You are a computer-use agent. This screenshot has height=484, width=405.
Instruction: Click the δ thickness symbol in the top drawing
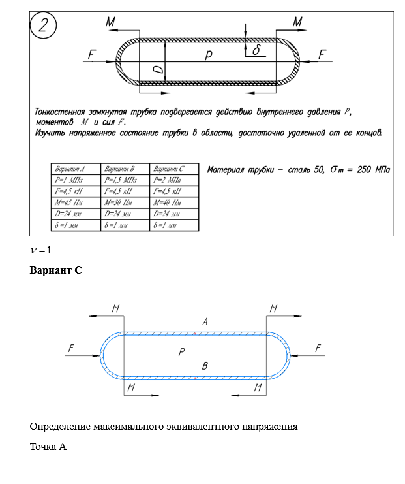[x=256, y=50]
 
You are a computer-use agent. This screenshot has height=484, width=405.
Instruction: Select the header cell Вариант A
[x=75, y=168]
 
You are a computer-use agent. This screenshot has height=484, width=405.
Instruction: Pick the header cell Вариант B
[x=125, y=168]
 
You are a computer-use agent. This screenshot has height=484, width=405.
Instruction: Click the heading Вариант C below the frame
[x=56, y=270]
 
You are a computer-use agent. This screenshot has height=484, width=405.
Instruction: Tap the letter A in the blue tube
[x=205, y=321]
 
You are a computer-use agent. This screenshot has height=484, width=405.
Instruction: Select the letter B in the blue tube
[x=205, y=366]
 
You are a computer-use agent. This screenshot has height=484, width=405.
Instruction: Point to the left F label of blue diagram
[x=70, y=349]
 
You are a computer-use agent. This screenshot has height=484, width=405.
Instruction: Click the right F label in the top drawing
[x=322, y=56]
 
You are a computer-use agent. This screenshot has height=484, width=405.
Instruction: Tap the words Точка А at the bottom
[x=48, y=447]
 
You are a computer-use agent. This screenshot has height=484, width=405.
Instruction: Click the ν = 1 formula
[x=40, y=250]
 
